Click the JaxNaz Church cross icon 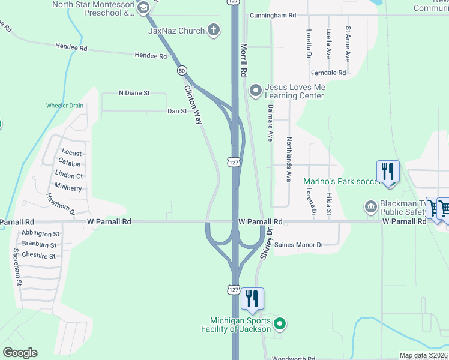point(214,30)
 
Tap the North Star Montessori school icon point(143,8)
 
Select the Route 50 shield point(181,70)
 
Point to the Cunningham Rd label point(273,15)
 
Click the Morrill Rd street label point(244,59)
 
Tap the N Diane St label point(134,93)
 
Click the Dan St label point(177,111)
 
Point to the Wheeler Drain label point(65,106)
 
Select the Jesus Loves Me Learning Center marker point(256,91)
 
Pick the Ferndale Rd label point(328,73)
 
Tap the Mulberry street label point(68,188)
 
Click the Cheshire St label point(38,256)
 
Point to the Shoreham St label point(18,266)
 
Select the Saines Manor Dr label point(298,245)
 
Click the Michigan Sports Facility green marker point(279,325)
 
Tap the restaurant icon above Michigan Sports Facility point(253,298)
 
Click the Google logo point(20,353)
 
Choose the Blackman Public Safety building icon point(370,208)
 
